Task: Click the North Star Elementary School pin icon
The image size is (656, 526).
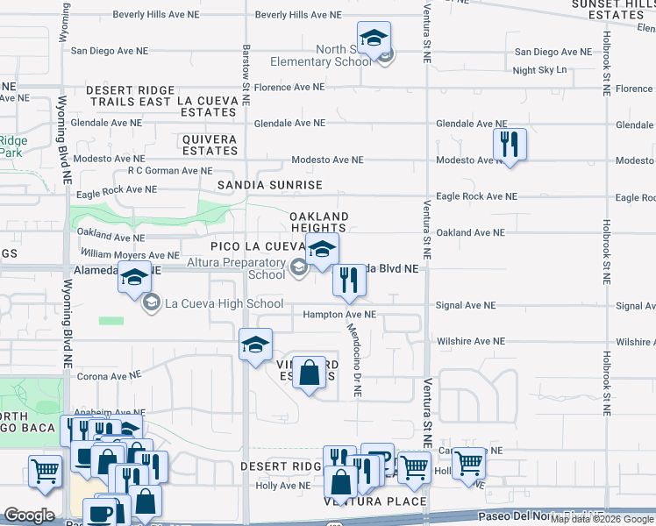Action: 374,39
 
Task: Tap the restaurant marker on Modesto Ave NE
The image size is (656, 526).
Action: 510,144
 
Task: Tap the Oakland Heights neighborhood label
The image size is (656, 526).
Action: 319,223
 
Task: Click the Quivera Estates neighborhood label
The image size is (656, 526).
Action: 210,145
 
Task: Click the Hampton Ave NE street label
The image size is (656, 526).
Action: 339,314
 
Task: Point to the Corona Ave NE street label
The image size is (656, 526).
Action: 110,374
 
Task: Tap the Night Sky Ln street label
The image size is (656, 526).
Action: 540,70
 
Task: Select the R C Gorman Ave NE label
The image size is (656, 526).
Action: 170,171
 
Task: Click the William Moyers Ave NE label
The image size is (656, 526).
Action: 129,254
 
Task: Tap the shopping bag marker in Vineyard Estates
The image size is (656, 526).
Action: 310,373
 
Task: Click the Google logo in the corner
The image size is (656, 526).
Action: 30,515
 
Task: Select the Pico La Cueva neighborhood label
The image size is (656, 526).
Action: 256,247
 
